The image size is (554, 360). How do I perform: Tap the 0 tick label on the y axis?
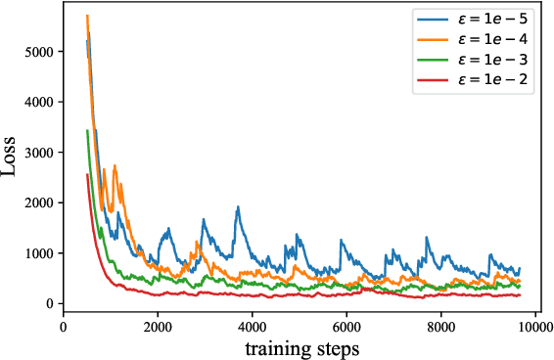coord(50,304)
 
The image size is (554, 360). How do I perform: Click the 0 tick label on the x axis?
coord(64,328)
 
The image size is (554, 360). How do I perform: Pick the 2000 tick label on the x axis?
coord(158,328)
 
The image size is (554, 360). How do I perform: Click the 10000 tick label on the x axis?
coord(534,328)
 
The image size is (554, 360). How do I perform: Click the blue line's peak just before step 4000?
coord(237,207)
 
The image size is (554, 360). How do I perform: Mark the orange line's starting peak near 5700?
coord(88,16)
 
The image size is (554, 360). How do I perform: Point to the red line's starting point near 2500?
coord(87,175)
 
